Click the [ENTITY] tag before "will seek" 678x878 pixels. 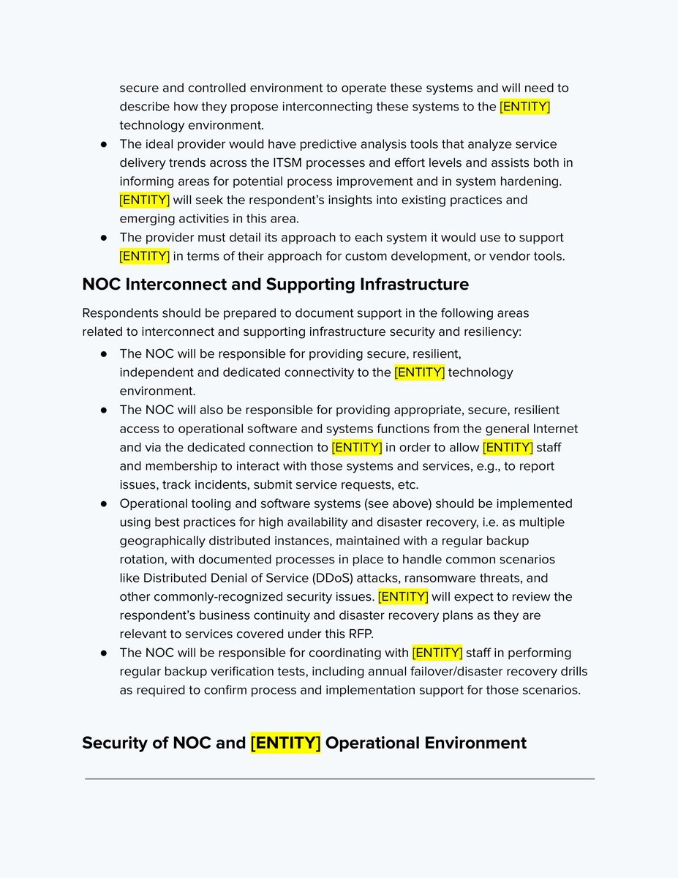145,200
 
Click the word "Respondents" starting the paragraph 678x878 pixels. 118,313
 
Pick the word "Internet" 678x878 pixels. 550,429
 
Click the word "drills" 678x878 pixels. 570,672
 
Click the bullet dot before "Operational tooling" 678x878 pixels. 105,503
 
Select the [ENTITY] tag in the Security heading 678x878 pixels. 285,743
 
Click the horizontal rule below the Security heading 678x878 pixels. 339,779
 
